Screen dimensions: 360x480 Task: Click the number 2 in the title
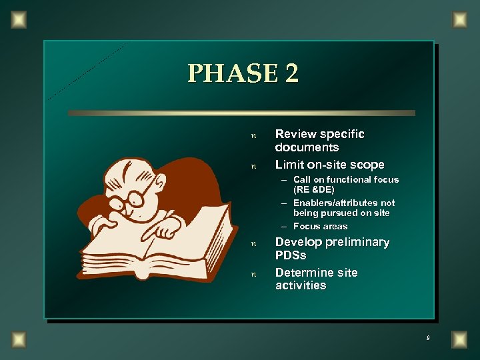point(292,73)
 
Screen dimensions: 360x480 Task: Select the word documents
point(307,147)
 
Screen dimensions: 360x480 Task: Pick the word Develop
point(299,242)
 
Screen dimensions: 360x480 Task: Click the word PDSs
point(291,255)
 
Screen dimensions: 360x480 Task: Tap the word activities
point(301,285)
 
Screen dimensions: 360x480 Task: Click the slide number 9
point(428,339)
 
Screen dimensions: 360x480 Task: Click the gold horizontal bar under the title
point(241,113)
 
